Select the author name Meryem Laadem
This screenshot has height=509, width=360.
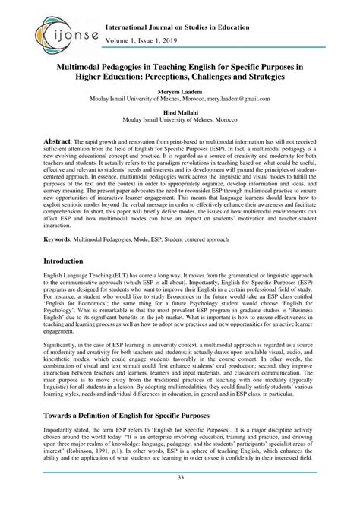(x=179, y=90)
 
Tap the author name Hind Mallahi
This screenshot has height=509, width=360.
(x=179, y=111)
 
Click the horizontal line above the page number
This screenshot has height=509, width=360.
(x=180, y=489)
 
